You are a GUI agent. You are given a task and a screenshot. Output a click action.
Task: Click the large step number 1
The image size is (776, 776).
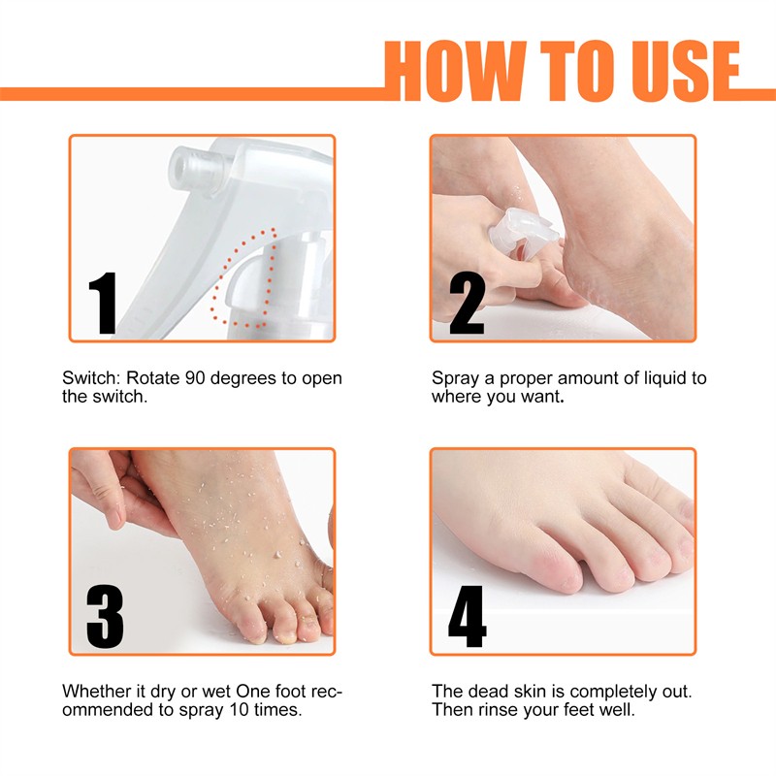click(103, 304)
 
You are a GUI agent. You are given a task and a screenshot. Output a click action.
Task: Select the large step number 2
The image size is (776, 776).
click(467, 304)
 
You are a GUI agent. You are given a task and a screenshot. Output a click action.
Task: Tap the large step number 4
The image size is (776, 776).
click(467, 617)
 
